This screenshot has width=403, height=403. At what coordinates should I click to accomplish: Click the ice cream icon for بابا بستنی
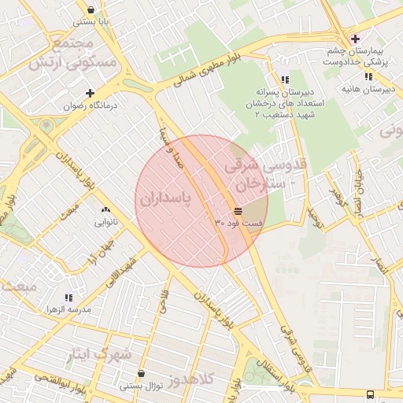click(91, 11)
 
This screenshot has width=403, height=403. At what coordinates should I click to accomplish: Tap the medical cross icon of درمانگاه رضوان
click(91, 93)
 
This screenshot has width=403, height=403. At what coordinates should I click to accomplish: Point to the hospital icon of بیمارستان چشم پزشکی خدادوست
click(355, 39)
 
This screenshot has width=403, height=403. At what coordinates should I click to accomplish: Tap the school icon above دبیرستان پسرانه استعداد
click(284, 79)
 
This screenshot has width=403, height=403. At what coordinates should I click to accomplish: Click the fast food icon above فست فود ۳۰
click(238, 211)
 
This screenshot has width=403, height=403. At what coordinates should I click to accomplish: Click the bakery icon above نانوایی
click(105, 209)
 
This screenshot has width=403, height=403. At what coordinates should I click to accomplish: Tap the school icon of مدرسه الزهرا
click(68, 298)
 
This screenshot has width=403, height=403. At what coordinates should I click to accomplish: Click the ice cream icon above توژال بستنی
click(141, 374)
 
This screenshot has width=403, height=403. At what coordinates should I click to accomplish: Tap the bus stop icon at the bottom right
click(370, 394)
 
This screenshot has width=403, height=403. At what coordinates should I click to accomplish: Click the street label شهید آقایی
click(125, 271)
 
